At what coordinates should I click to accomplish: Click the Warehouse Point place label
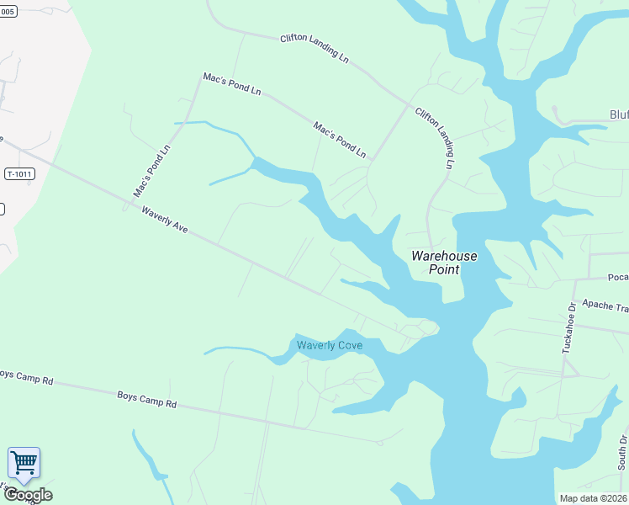[x=444, y=263]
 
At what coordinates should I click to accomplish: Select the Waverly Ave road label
[x=165, y=221]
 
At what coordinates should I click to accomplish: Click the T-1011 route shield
[x=18, y=174]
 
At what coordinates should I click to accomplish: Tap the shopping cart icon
[x=24, y=462]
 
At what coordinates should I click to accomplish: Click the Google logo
[x=28, y=495]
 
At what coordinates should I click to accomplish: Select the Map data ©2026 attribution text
[x=592, y=498]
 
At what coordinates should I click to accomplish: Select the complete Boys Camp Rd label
[x=146, y=399]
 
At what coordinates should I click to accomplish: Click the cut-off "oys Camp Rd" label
[x=26, y=377]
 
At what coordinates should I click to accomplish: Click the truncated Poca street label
[x=618, y=276]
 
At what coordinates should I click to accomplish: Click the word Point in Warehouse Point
[x=444, y=269]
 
